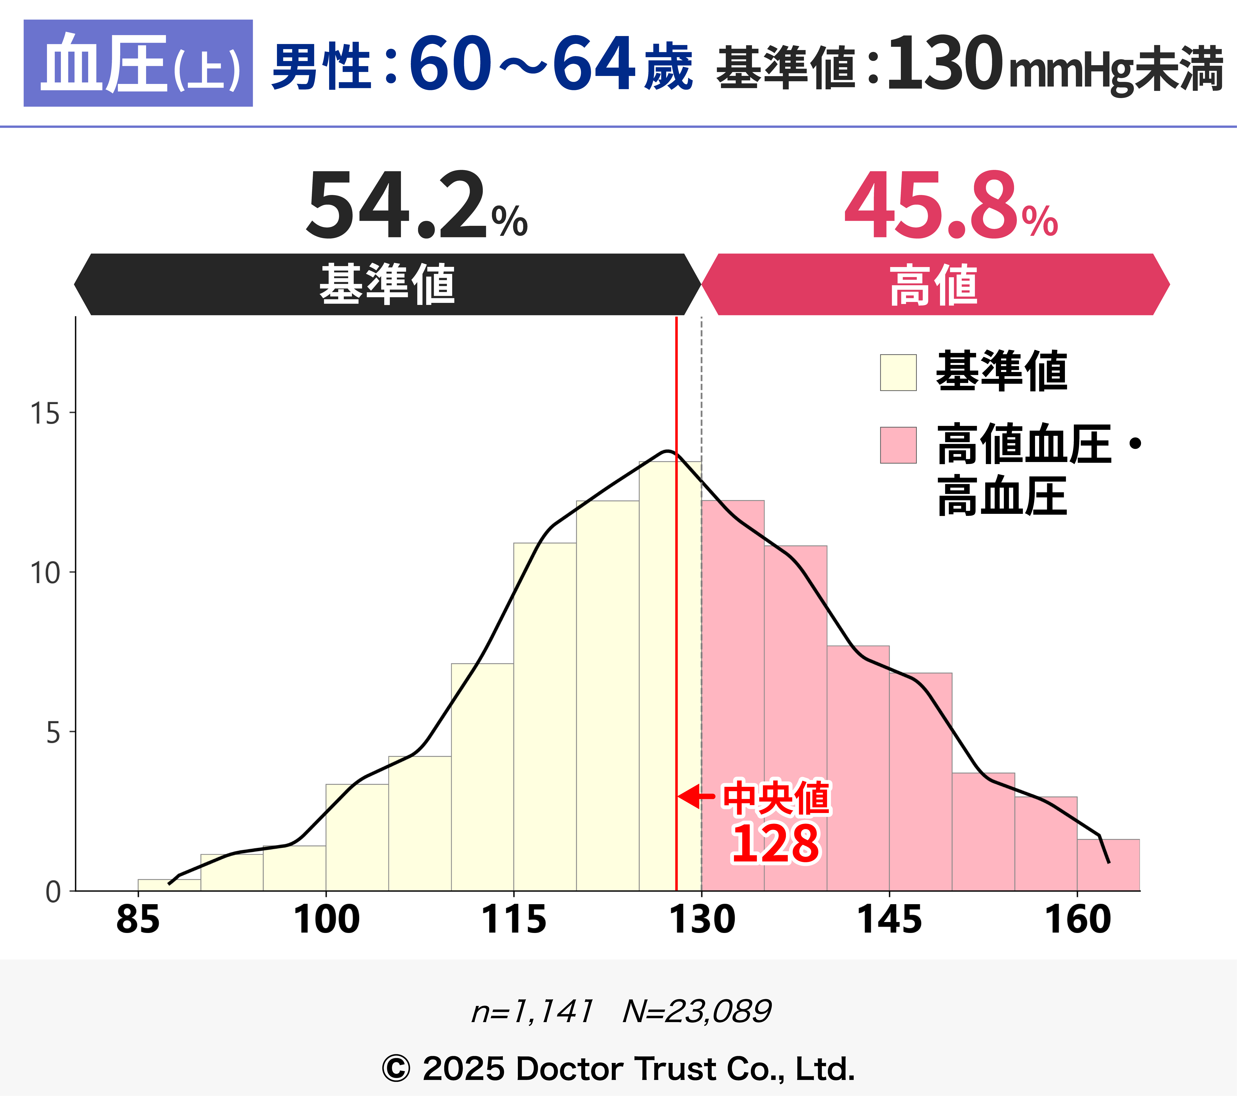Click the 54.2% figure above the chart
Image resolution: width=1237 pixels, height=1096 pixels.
pyautogui.click(x=416, y=206)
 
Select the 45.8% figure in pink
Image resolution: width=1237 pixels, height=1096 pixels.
pyautogui.click(x=950, y=206)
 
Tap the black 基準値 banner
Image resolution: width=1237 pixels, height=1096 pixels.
pyautogui.click(x=387, y=284)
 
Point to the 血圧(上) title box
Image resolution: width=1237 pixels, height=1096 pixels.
pyautogui.click(x=138, y=63)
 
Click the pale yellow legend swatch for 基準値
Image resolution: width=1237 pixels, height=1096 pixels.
pyautogui.click(x=898, y=372)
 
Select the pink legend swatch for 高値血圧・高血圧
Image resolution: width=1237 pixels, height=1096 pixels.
pyautogui.click(x=898, y=445)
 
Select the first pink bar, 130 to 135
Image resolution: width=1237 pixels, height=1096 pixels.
pyautogui.click(x=733, y=696)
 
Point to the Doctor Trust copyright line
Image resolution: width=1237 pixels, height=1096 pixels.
pyautogui.click(x=618, y=1069)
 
